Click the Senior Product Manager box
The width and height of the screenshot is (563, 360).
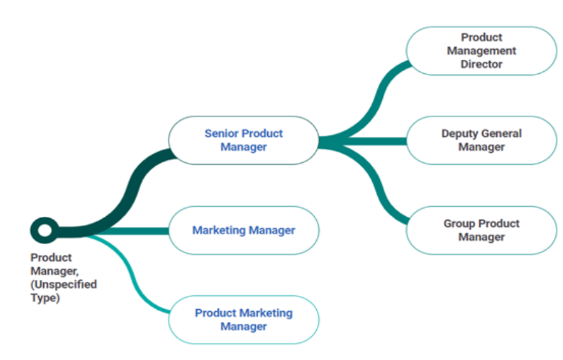(243, 140)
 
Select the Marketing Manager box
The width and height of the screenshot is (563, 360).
(243, 230)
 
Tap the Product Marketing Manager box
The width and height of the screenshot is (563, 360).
(243, 319)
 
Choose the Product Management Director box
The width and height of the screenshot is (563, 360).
(481, 51)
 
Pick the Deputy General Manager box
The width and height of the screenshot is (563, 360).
(481, 140)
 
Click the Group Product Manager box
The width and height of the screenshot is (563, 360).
(481, 230)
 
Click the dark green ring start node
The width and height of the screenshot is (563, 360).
(44, 230)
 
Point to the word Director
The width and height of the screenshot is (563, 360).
(482, 64)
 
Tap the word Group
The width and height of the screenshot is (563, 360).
(459, 223)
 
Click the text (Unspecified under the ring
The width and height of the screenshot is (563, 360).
(64, 284)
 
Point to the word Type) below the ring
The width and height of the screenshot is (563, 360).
(45, 298)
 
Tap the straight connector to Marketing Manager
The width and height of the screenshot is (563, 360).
(127, 230)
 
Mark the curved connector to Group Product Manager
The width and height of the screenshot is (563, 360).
(381, 195)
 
